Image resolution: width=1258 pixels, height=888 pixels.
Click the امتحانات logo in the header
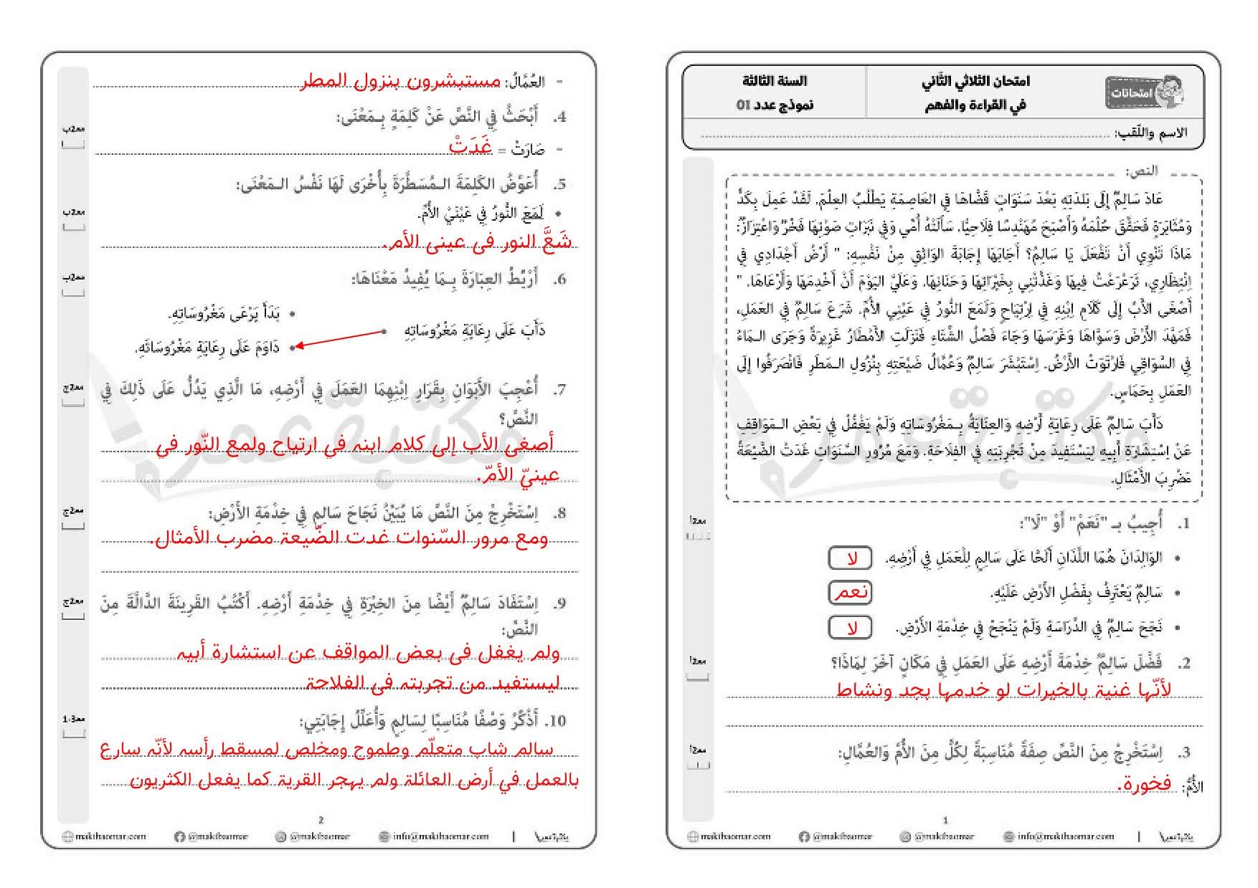(x=1144, y=92)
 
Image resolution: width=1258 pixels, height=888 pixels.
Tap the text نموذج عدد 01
(x=775, y=105)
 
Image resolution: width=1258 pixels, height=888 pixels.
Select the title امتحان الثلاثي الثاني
(x=975, y=81)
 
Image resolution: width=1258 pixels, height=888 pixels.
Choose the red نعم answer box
(x=851, y=593)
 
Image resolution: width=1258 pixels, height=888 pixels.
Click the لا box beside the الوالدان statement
(x=851, y=558)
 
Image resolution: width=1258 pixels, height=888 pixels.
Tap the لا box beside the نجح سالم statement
(x=851, y=628)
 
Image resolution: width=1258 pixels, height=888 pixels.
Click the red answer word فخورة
(x=1145, y=785)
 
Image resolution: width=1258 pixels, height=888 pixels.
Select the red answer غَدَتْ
(x=470, y=146)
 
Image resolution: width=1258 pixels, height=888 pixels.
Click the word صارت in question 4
(x=529, y=150)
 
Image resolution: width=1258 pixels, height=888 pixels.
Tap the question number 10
(x=557, y=721)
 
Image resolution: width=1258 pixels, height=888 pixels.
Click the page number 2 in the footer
(x=321, y=820)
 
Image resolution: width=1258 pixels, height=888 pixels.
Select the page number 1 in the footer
(x=945, y=820)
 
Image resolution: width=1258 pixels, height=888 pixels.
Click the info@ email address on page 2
(x=434, y=836)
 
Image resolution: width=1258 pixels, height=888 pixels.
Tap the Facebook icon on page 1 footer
(x=803, y=836)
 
